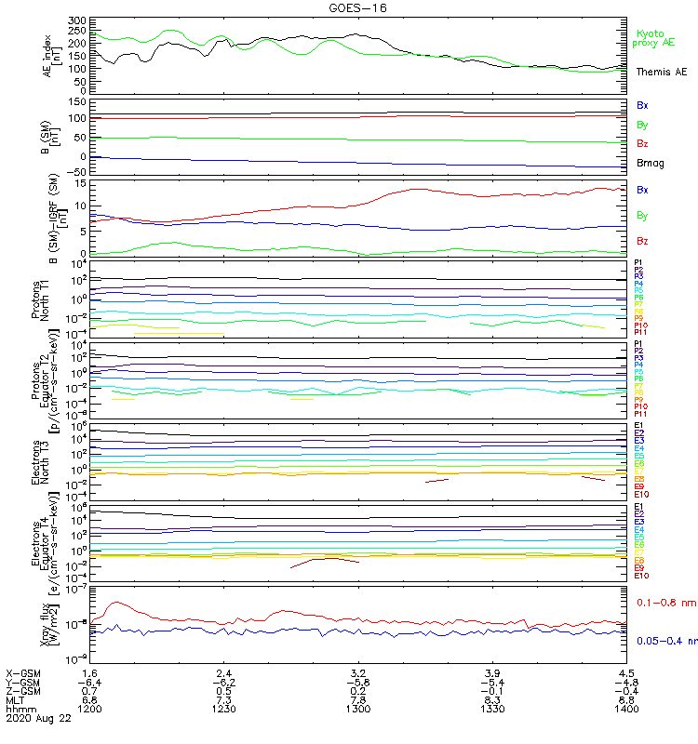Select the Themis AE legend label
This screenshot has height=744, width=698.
coord(662,72)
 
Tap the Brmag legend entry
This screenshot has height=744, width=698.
coord(651,163)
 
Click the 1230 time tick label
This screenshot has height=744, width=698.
coord(223,709)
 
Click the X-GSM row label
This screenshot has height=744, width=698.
coord(22,672)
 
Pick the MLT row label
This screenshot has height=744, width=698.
coord(16,699)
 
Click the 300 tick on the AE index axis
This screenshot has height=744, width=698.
coord(76,20)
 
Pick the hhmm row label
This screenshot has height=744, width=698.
coord(19,709)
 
